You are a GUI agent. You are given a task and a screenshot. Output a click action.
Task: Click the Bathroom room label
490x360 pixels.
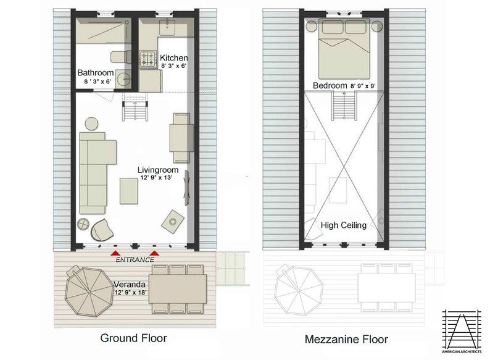tap(95, 72)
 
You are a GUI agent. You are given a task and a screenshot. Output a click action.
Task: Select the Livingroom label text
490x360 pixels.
tap(157, 169)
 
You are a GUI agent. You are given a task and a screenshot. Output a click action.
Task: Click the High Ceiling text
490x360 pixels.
tap(344, 225)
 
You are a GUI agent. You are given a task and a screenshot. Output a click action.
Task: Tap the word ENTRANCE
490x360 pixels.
tap(135, 259)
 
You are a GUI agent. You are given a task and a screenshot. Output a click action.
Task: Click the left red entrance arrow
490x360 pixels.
tap(115, 253)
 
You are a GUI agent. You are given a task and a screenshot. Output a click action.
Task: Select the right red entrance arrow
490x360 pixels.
tap(155, 253)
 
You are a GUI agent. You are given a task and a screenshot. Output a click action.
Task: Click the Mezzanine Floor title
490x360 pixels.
tap(346, 339)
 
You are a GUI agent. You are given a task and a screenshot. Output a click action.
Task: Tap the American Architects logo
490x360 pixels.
tap(462, 330)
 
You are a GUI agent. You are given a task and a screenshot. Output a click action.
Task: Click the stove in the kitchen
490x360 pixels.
tap(148, 59)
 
